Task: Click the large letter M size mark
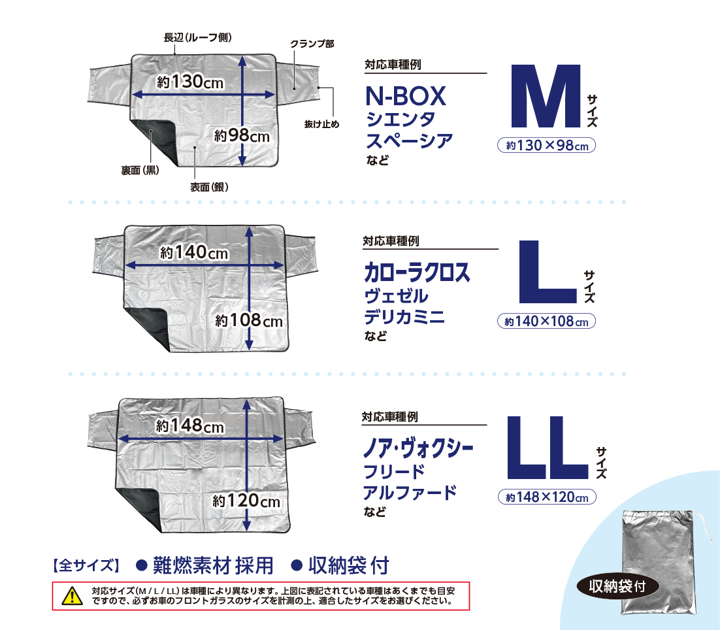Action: (545, 97)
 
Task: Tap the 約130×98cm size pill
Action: (547, 146)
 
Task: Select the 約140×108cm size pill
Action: (547, 322)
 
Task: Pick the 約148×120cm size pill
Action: (547, 497)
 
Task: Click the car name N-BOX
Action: (405, 97)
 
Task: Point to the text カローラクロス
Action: (417, 273)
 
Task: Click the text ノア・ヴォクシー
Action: (418, 449)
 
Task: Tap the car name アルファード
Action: (410, 492)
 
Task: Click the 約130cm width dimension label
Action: (190, 82)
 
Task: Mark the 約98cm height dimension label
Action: (242, 136)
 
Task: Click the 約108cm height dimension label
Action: (248, 321)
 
